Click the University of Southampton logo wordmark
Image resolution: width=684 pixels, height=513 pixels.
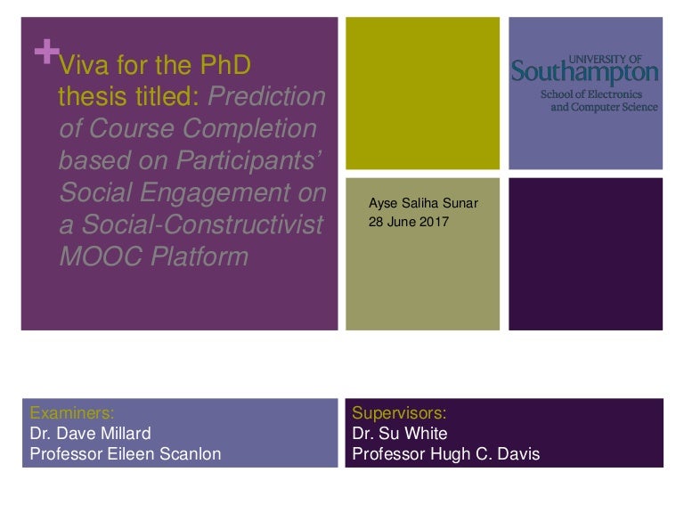tap(584, 71)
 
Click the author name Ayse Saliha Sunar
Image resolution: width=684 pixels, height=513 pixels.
tap(423, 203)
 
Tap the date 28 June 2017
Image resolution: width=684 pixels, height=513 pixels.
tap(409, 222)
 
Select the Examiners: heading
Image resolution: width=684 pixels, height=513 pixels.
tap(72, 412)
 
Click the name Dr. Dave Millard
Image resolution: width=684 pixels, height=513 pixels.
tap(91, 434)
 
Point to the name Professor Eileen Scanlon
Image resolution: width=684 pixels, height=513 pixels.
tap(126, 454)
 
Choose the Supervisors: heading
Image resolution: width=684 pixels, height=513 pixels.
tap(399, 412)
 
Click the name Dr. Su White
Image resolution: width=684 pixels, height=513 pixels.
tap(400, 434)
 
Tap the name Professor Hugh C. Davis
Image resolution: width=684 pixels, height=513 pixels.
tap(446, 454)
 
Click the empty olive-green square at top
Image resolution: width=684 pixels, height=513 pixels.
tap(422, 94)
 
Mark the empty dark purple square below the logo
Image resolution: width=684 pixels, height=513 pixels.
tap(585, 254)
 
